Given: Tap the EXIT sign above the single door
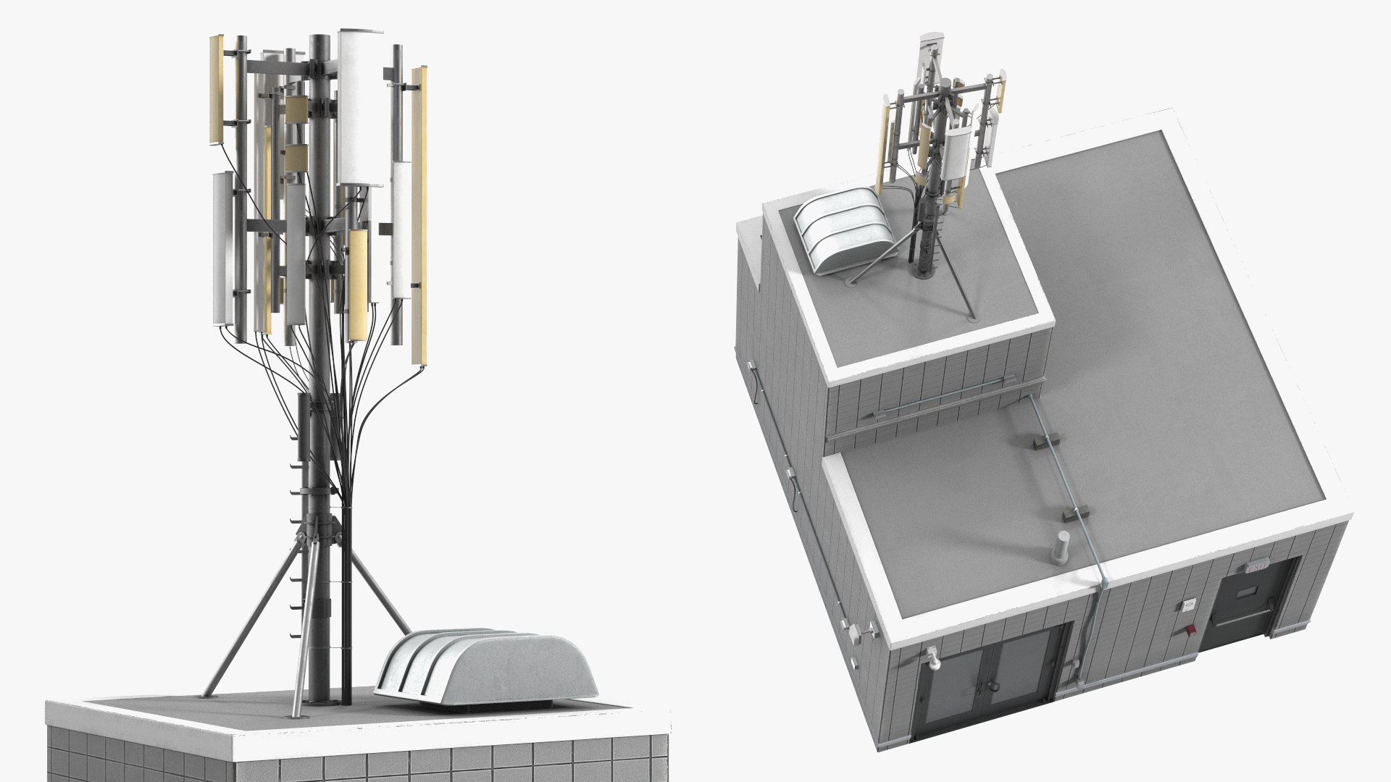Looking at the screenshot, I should coord(1258,568).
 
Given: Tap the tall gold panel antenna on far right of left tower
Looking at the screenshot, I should coord(419,217).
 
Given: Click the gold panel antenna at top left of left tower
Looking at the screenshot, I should coord(217,91).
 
